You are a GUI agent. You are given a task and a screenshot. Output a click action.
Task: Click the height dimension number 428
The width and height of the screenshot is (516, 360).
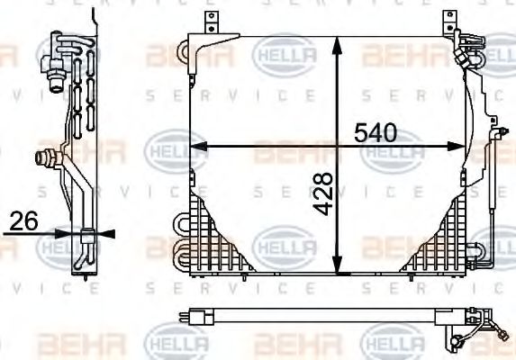tap(323, 194)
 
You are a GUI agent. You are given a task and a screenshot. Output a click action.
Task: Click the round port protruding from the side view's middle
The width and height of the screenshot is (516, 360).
tap(41, 158)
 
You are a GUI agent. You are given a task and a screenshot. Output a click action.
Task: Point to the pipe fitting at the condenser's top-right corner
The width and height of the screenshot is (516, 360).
tap(467, 45)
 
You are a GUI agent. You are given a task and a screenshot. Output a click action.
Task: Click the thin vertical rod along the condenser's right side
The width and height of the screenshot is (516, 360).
tap(493, 189)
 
